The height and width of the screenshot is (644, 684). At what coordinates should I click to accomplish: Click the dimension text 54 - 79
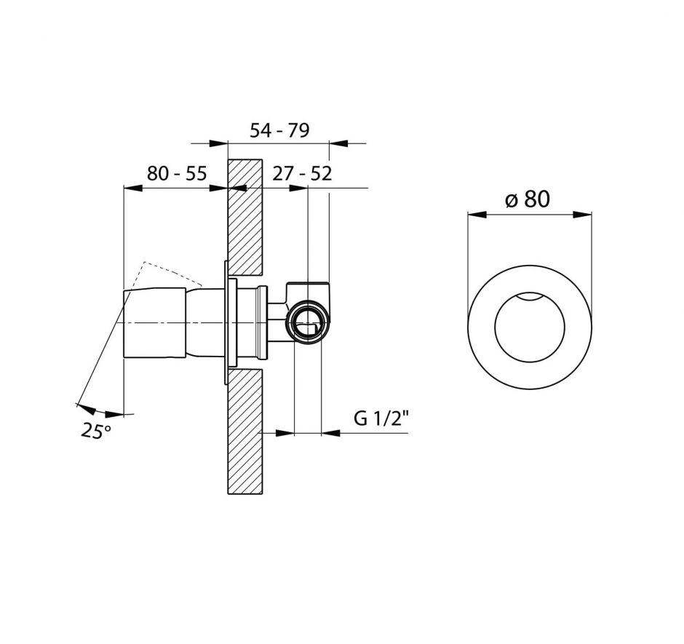click(x=279, y=130)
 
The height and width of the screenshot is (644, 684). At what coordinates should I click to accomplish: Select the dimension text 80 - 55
click(x=177, y=174)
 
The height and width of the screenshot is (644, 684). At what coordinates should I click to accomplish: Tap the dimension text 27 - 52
click(x=302, y=174)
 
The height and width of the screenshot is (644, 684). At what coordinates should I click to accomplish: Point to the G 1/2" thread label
click(x=382, y=419)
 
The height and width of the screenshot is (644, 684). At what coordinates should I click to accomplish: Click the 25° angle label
click(x=96, y=431)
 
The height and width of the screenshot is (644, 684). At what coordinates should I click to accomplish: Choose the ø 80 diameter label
click(x=527, y=199)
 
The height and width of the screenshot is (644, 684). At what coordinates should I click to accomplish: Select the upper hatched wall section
click(x=245, y=218)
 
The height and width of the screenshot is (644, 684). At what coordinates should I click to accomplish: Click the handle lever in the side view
click(x=154, y=323)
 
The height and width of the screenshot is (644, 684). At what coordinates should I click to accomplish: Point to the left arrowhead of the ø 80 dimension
click(x=476, y=215)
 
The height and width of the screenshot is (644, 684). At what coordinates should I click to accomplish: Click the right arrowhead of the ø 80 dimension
click(x=583, y=215)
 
